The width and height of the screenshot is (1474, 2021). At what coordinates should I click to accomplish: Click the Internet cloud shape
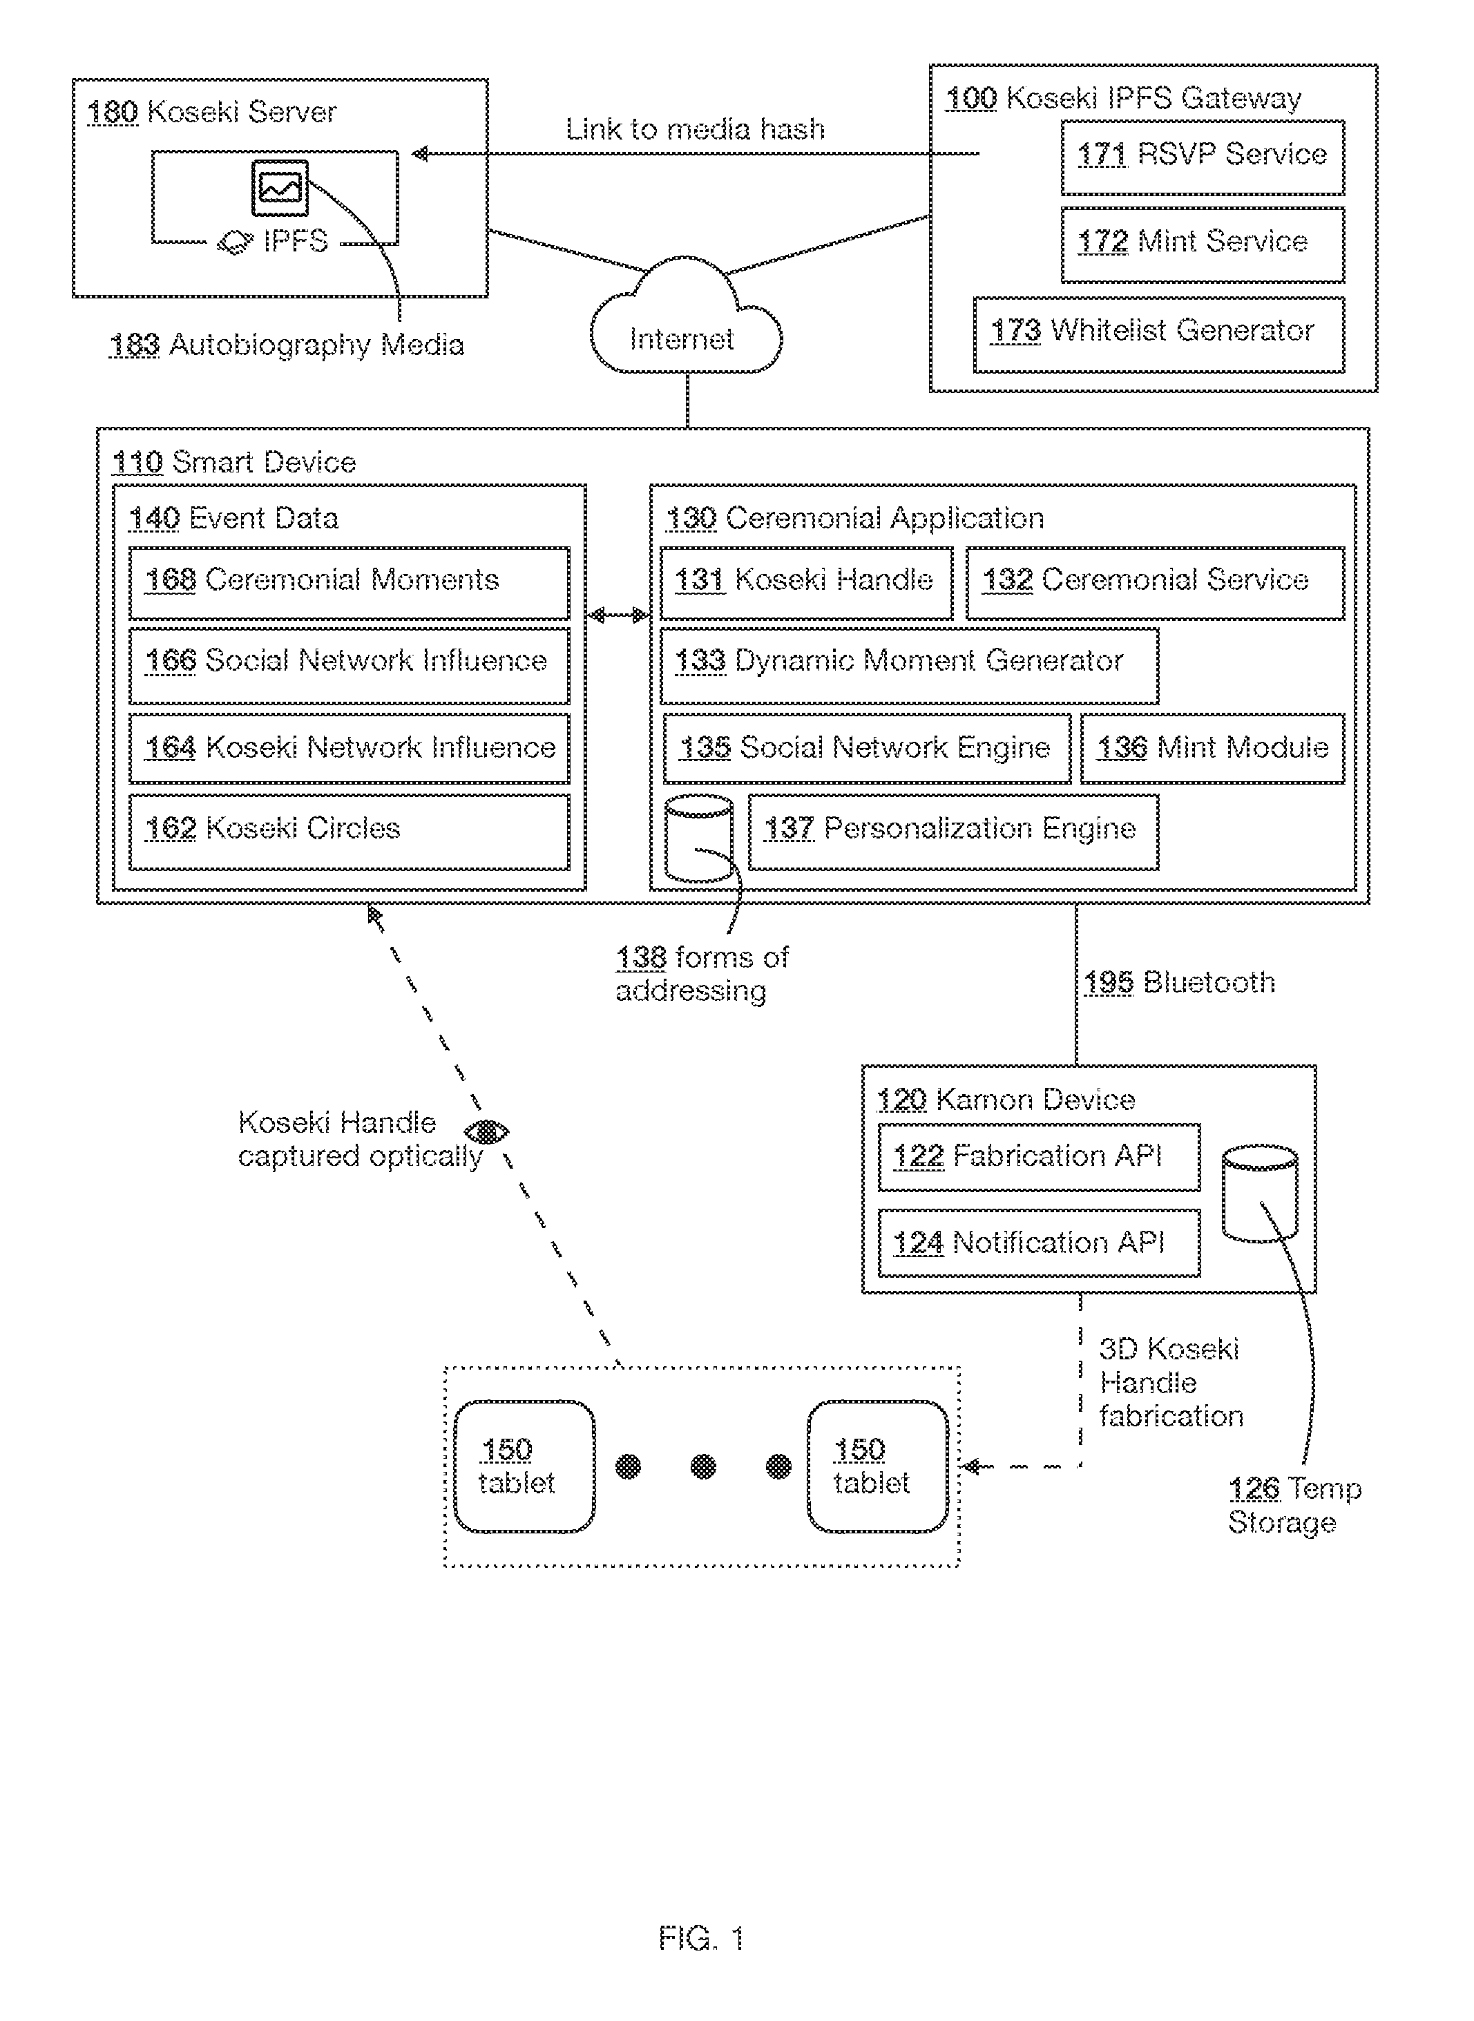[686, 317]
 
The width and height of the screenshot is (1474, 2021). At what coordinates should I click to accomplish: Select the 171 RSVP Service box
[1203, 157]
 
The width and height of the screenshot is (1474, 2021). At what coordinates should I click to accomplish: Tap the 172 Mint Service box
[1203, 245]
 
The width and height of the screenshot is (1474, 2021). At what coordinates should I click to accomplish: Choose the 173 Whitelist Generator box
[1159, 334]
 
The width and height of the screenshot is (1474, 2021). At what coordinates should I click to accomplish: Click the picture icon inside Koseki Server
[280, 187]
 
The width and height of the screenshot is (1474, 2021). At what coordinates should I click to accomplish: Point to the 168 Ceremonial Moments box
[349, 583]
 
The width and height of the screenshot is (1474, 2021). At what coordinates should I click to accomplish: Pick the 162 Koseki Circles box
[349, 832]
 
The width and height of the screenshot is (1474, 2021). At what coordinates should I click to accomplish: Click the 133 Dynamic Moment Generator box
[909, 666]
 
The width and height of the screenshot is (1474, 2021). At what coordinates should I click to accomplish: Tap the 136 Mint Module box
[1213, 749]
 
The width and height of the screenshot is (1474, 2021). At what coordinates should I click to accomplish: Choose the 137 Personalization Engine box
[953, 832]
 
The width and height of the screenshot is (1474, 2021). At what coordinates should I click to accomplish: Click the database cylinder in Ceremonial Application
[700, 839]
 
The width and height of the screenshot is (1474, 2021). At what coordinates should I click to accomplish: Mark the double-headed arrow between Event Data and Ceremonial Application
[618, 615]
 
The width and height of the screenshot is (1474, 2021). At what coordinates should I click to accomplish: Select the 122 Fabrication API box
[1040, 1158]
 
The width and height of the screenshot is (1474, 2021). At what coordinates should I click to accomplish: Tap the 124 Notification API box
[1040, 1244]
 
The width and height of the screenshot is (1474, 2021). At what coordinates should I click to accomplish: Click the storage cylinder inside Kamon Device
[1260, 1193]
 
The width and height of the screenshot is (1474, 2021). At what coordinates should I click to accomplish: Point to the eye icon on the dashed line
[487, 1132]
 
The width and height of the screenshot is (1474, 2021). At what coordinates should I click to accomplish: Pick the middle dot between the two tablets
[704, 1466]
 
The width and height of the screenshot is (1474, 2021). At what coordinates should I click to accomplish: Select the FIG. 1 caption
[701, 1938]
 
